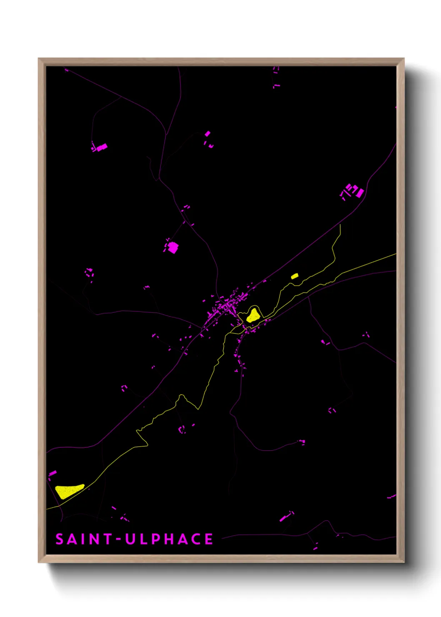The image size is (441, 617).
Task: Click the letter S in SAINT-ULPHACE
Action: pyautogui.click(x=60, y=539)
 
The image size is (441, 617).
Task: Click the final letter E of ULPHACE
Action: pyautogui.click(x=209, y=539)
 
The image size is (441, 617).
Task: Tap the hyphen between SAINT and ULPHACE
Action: pyautogui.click(x=118, y=539)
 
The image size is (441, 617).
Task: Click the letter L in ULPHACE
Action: pyautogui.click(x=144, y=539)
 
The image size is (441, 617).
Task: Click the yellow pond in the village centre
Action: pyautogui.click(x=253, y=315)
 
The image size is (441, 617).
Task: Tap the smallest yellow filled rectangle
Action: pyautogui.click(x=295, y=276)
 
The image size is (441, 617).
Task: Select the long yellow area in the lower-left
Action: pyautogui.click(x=69, y=491)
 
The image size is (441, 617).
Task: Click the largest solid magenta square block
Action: pyautogui.click(x=173, y=248)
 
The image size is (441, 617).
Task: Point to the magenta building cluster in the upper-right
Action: pyautogui.click(x=353, y=191)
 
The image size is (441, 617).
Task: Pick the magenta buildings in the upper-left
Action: pyautogui.click(x=100, y=147)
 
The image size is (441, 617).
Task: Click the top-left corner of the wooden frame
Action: pyautogui.click(x=39, y=59)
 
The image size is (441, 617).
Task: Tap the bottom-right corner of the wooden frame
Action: pyautogui.click(x=403, y=562)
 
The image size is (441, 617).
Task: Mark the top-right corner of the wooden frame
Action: pyautogui.click(x=403, y=59)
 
